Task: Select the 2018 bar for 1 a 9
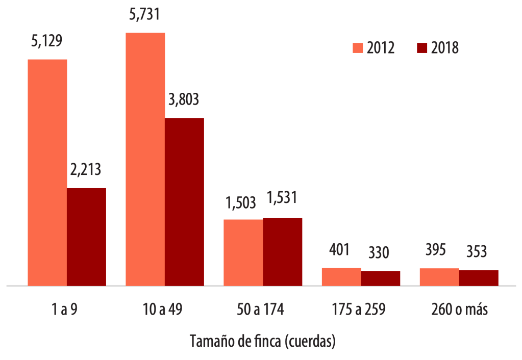point(86,237)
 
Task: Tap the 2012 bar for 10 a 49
point(145,159)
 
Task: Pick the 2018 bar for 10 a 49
point(184,201)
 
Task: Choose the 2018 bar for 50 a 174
point(282,251)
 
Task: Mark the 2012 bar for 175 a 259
point(341,276)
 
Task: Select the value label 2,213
point(87,169)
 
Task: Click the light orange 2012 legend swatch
point(357,48)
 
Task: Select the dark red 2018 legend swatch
point(421,48)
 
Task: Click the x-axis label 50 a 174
point(263,310)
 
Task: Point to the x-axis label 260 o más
point(459,310)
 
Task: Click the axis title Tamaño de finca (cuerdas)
point(263,341)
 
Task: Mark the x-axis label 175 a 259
point(361,310)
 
